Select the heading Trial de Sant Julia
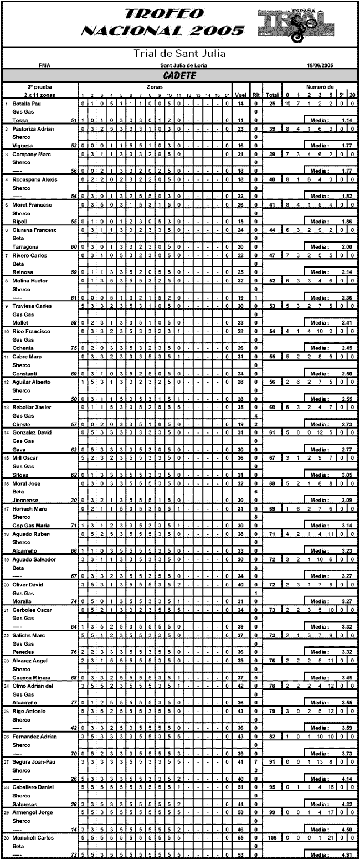point(179,54)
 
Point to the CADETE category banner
point(179,75)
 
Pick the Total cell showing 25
point(272,104)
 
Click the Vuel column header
point(241,95)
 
